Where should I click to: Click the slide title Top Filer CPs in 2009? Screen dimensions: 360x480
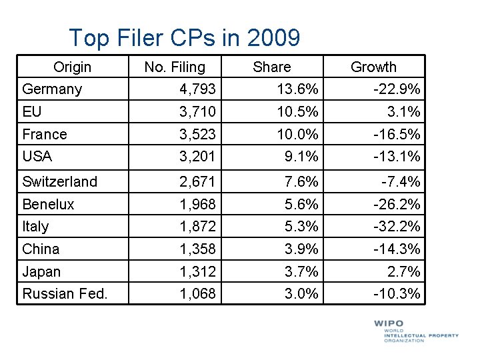(184, 37)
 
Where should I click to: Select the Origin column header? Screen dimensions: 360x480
(72, 67)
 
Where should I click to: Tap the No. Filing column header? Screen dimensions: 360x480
(175, 67)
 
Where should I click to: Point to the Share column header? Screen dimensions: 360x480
(272, 67)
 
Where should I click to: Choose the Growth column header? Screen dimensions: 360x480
(373, 67)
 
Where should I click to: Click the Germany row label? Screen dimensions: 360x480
(52, 89)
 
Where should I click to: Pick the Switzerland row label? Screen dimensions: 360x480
(59, 181)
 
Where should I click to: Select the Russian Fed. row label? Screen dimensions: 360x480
(65, 293)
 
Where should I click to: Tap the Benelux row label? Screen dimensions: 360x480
(48, 204)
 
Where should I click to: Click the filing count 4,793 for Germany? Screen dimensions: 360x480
(197, 89)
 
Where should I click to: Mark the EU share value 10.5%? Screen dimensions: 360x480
(297, 111)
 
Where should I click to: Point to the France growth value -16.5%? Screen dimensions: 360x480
(397, 134)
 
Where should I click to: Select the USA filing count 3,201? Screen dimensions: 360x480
(197, 156)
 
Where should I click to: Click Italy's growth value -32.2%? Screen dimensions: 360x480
(397, 226)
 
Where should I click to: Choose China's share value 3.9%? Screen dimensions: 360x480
(301, 249)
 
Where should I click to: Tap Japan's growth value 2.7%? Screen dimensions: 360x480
(404, 272)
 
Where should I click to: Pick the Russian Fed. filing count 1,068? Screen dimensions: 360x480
(197, 293)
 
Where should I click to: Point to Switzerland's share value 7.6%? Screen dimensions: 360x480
(301, 181)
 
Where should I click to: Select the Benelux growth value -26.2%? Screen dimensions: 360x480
(397, 204)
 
